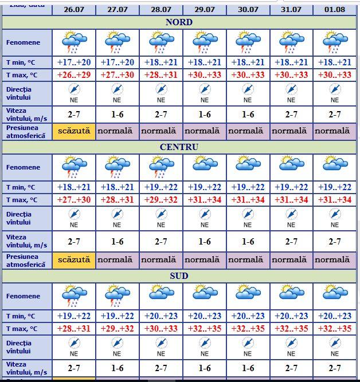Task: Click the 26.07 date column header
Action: [74, 10]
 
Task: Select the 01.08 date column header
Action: [335, 10]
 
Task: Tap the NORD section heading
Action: [179, 22]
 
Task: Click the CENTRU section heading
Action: [179, 147]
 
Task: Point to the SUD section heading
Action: [179, 276]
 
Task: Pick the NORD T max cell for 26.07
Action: [74, 75]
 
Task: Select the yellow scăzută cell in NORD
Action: [74, 131]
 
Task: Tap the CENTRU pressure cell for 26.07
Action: [74, 259]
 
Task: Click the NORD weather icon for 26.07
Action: [74, 42]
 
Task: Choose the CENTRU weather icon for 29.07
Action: [205, 167]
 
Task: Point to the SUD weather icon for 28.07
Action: [161, 296]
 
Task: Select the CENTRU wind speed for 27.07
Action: [118, 242]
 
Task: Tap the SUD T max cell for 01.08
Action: [335, 329]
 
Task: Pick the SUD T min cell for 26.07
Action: [74, 316]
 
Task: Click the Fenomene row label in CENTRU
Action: [24, 167]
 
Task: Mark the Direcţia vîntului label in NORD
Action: [19, 93]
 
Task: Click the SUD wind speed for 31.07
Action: [291, 368]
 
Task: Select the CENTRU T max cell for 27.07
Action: [118, 199]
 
